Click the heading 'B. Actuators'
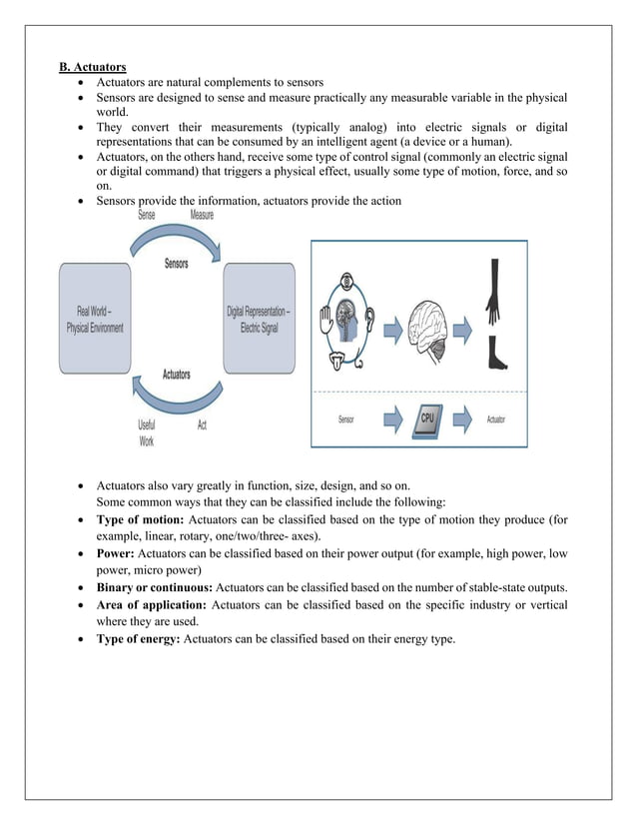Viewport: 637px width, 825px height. [x=92, y=67]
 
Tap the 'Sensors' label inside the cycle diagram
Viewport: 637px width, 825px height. [x=178, y=264]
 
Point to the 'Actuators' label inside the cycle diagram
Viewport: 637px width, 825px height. [x=177, y=375]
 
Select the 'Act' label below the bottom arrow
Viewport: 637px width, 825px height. [x=202, y=424]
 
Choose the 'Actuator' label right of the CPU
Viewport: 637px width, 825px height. [x=495, y=419]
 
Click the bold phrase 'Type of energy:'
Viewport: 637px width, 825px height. [x=139, y=639]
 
